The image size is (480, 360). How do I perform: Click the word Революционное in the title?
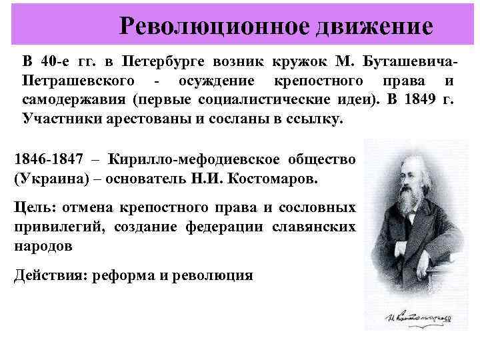click(x=213, y=27)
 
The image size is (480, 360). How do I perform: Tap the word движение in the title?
click(x=376, y=27)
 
